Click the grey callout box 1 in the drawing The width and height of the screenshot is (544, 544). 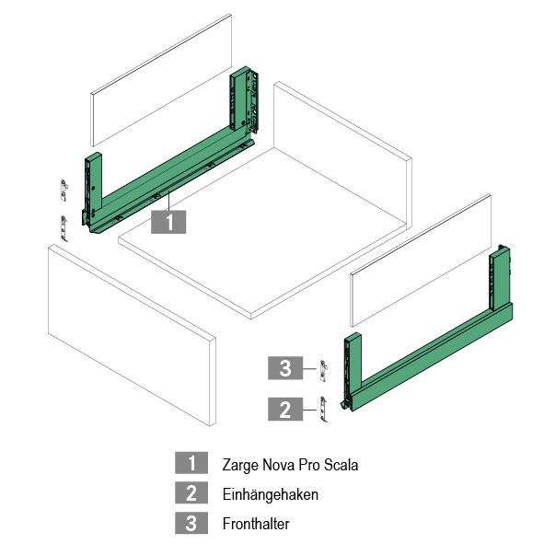coord(168,222)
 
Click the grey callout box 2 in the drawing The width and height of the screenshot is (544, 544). coord(285,409)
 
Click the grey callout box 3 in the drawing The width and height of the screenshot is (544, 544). coord(285,368)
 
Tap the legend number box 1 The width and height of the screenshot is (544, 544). coord(191,462)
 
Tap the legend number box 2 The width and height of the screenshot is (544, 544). coord(191,492)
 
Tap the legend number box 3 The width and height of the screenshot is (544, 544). coord(191,523)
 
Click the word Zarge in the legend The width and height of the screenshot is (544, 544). coord(240,466)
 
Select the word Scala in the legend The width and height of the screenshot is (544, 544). coord(341,465)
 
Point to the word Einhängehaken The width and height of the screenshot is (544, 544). coord(271,494)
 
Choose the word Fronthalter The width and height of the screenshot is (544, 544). coord(256,524)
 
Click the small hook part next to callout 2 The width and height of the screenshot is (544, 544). coord(323,410)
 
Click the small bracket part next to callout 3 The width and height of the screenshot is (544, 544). coord(323,371)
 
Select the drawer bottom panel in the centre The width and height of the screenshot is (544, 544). coord(262,233)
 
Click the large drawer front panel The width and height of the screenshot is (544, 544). coord(132,335)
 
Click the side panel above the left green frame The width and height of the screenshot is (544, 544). coord(161,80)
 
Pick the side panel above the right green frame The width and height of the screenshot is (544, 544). coord(421,260)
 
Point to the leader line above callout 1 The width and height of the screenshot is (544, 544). coord(168,201)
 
